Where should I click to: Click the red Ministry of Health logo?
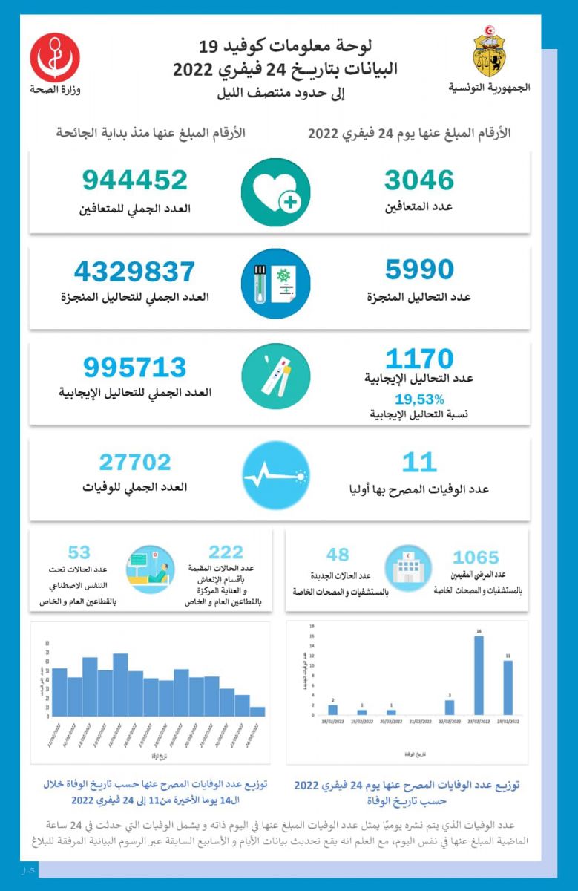tap(55, 57)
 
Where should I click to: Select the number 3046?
tap(419, 180)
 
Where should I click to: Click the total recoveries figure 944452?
tap(135, 180)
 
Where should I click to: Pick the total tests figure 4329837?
tap(135, 271)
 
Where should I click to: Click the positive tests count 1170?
tap(419, 359)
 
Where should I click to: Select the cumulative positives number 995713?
tap(135, 367)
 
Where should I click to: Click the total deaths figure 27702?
tap(135, 463)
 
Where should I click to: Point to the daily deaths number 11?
tap(419, 463)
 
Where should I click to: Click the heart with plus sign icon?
tap(275, 192)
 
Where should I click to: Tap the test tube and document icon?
tap(275, 283)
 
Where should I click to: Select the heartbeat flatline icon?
tap(275, 474)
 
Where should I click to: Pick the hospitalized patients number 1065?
tap(476, 557)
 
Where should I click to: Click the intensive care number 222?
tap(226, 552)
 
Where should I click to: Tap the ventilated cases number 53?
tap(79, 552)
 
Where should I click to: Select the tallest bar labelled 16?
tap(479, 674)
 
